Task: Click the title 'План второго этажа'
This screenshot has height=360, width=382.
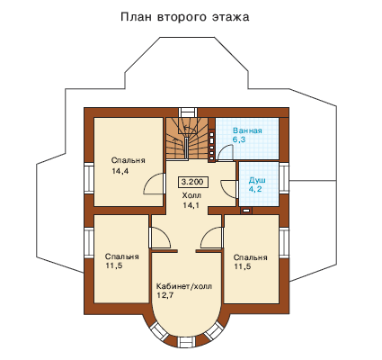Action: (x=185, y=17)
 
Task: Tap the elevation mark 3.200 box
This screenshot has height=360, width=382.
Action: (x=192, y=182)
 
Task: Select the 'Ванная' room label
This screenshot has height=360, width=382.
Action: (x=247, y=130)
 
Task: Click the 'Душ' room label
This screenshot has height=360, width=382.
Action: (x=257, y=181)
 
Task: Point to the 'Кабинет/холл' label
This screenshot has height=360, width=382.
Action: (x=184, y=286)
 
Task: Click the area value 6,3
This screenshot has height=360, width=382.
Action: (x=239, y=139)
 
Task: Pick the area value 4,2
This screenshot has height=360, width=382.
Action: (x=255, y=189)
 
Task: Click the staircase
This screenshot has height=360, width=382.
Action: (x=187, y=139)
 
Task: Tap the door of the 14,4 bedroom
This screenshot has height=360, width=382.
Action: (x=155, y=184)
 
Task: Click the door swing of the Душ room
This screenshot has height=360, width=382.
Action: (x=228, y=189)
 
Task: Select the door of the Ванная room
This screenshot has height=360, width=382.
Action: (x=226, y=153)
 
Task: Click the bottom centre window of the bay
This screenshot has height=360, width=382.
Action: (x=186, y=342)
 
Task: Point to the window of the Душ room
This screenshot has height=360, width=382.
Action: (x=283, y=178)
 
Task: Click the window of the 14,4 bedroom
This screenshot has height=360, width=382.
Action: (x=89, y=178)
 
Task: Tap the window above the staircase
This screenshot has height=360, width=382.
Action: (x=188, y=112)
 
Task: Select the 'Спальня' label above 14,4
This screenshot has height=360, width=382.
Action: (x=129, y=160)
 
